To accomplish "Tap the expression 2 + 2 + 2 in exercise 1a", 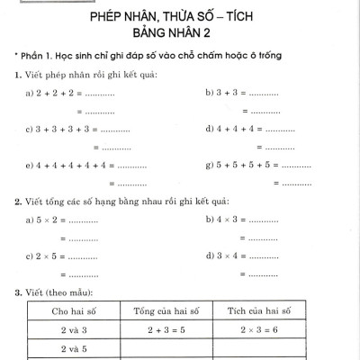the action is pos(56,94).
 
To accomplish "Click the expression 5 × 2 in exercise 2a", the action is pos(48,220).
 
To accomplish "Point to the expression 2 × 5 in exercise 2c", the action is pos(48,256).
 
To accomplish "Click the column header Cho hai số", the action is pos(72,311).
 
